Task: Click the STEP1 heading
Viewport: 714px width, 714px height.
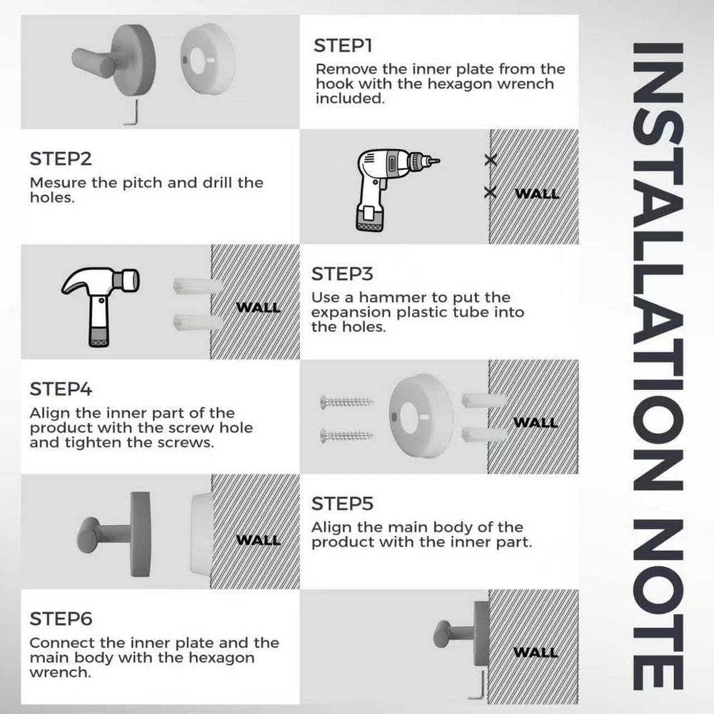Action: (343, 46)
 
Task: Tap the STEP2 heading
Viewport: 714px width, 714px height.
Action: (61, 159)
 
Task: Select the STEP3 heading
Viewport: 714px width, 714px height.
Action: (342, 274)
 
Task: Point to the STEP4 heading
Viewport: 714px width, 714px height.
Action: (61, 389)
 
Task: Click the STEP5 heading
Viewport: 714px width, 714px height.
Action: (342, 503)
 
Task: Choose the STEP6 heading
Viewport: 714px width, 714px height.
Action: (61, 619)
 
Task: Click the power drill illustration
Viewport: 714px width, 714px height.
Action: (391, 190)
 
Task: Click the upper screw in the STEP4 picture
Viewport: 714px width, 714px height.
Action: (346, 401)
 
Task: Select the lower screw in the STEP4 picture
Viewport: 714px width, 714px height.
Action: (346, 436)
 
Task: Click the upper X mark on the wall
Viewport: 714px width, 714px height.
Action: (491, 160)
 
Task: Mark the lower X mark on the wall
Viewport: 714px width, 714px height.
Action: (490, 192)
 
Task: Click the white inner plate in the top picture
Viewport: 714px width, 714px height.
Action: (208, 59)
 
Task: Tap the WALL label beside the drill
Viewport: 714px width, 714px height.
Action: (537, 193)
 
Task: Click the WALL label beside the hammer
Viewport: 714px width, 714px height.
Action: (258, 307)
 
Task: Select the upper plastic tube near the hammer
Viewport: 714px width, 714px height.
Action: (197, 286)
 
